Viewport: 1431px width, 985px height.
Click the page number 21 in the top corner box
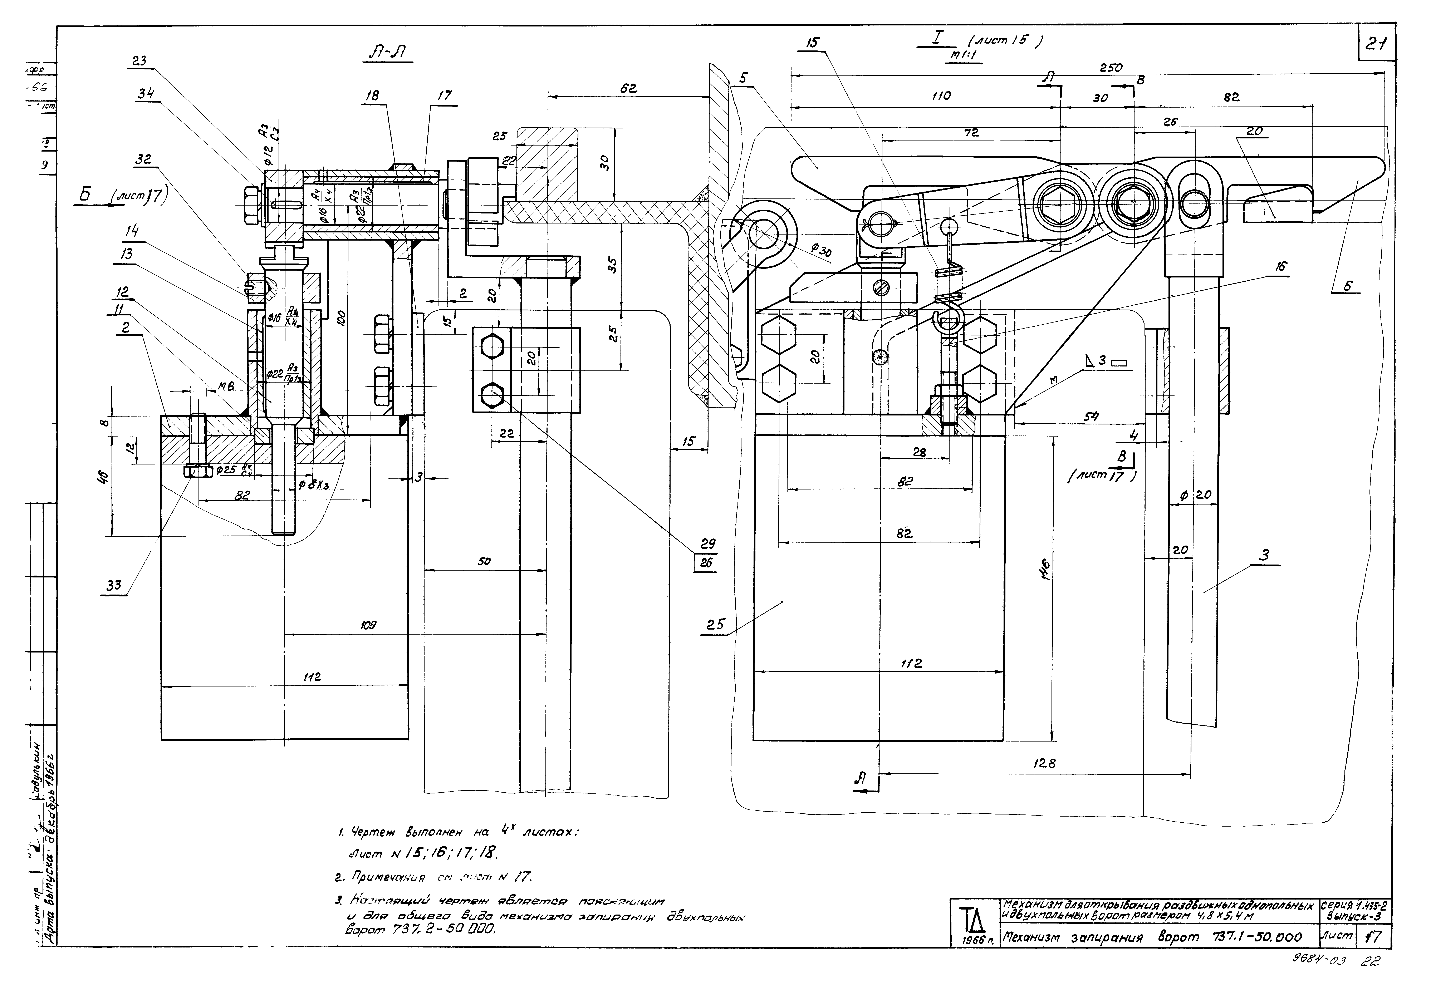tap(1376, 44)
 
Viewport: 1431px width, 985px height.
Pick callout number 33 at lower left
tap(114, 585)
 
